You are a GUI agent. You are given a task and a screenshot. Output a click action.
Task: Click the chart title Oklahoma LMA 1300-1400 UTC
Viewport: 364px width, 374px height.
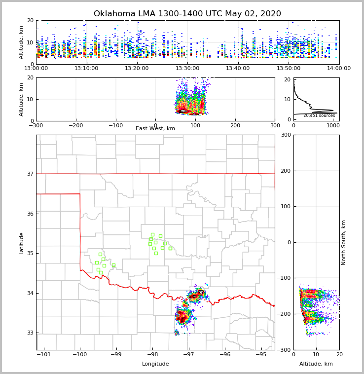[187, 14]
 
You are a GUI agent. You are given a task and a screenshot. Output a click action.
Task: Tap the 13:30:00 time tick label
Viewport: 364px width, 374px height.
[187, 69]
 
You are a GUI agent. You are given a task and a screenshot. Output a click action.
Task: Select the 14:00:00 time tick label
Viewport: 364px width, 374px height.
[339, 69]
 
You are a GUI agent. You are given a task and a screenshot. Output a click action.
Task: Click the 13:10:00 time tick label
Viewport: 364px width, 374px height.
[86, 69]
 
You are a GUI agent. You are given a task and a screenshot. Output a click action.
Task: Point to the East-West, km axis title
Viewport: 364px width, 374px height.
[155, 129]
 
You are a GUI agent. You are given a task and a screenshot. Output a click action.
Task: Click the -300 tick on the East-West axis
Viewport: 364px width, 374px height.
[36, 125]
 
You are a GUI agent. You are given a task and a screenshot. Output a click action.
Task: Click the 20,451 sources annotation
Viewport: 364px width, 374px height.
[319, 115]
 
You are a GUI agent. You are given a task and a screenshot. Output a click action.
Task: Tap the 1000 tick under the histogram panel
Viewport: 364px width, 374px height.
[333, 125]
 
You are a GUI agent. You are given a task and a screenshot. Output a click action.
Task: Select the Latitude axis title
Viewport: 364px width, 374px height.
[21, 243]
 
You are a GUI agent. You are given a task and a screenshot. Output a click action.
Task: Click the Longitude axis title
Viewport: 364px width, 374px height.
[155, 364]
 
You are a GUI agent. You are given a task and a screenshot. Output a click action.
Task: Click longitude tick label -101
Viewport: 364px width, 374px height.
[44, 354]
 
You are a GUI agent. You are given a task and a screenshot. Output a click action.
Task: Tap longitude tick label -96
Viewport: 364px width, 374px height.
[225, 354]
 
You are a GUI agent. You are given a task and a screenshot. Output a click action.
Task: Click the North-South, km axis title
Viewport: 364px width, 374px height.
[344, 243]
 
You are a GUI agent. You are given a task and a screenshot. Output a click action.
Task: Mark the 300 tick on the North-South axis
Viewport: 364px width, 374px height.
[285, 135]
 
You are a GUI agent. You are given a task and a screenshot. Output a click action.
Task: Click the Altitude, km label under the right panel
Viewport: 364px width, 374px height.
[316, 364]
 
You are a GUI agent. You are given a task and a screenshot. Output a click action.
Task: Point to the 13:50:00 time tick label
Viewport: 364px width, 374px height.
[289, 69]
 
